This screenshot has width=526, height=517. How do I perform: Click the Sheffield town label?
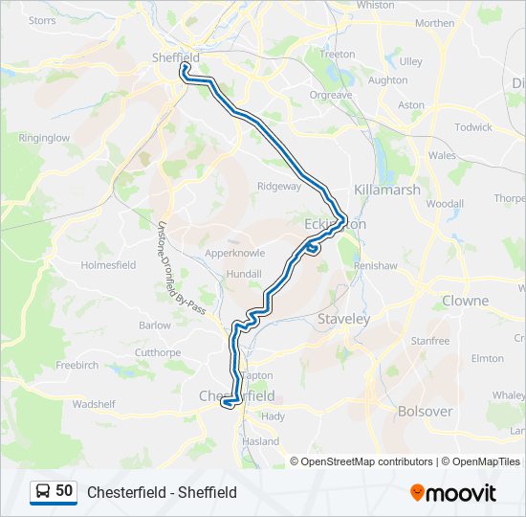coord(176,57)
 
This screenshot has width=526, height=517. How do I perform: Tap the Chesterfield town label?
coord(236,395)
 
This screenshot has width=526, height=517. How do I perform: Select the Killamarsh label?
coord(387,190)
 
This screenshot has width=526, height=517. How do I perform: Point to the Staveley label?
coord(343,319)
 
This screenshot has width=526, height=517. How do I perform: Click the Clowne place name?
coord(465,301)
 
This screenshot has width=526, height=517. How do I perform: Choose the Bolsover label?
coord(425,412)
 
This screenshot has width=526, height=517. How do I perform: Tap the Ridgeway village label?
coord(279,186)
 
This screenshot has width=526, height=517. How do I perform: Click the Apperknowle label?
coord(233,254)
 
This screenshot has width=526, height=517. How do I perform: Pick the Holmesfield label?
coord(108,265)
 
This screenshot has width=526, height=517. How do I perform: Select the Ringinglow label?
coord(44,138)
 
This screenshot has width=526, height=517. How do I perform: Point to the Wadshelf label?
coord(94,404)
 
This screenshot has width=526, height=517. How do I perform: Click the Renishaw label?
coord(373,265)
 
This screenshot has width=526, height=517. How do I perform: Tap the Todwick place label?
coord(473,127)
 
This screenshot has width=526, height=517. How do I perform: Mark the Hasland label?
coord(260,441)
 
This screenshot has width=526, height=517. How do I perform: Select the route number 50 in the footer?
coord(64,491)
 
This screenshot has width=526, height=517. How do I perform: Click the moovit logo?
coord(453,492)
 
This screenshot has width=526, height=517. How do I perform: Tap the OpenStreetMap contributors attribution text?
coord(366,461)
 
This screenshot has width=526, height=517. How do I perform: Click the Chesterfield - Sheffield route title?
coord(162,492)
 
